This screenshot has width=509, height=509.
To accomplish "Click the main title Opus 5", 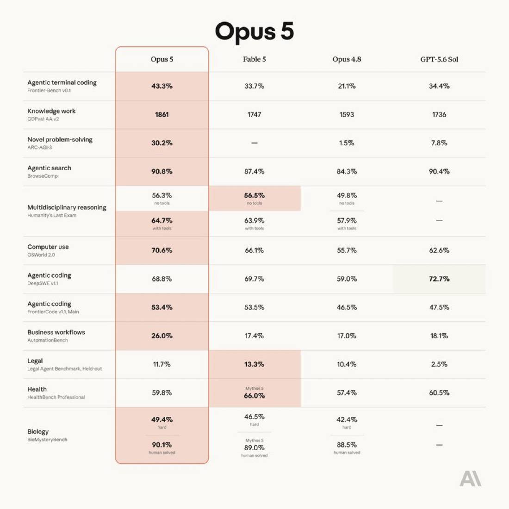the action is click(254, 32).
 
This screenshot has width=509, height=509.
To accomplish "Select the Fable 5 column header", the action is click(254, 59).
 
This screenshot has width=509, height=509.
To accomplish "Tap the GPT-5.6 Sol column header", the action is click(439, 59).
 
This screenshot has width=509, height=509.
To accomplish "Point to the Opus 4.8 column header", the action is click(347, 59).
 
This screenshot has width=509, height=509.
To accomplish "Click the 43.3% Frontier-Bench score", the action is click(162, 86).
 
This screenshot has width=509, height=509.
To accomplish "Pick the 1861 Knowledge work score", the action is click(162, 115).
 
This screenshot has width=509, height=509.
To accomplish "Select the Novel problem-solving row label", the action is click(60, 140).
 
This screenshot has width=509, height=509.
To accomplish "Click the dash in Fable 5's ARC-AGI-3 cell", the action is click(254, 143).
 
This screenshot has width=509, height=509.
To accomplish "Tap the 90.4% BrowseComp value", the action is click(439, 171).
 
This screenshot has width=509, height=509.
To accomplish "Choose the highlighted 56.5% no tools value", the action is click(254, 195).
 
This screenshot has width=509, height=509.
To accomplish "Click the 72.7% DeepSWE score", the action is click(439, 279).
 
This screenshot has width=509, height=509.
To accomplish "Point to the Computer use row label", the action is click(48, 247).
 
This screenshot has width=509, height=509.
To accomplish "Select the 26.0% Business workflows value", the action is click(162, 335).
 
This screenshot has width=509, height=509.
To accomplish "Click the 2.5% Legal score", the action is click(439, 364).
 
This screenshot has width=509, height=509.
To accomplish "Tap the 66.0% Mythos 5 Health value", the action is click(254, 396).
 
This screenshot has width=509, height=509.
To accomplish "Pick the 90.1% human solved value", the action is click(162, 445).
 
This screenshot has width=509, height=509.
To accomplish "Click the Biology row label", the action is click(38, 432).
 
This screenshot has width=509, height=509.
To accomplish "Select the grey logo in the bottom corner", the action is click(471, 478).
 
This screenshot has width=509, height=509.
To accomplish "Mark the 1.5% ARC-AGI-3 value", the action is click(347, 143).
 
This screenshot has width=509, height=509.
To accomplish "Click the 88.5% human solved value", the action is click(347, 445).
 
